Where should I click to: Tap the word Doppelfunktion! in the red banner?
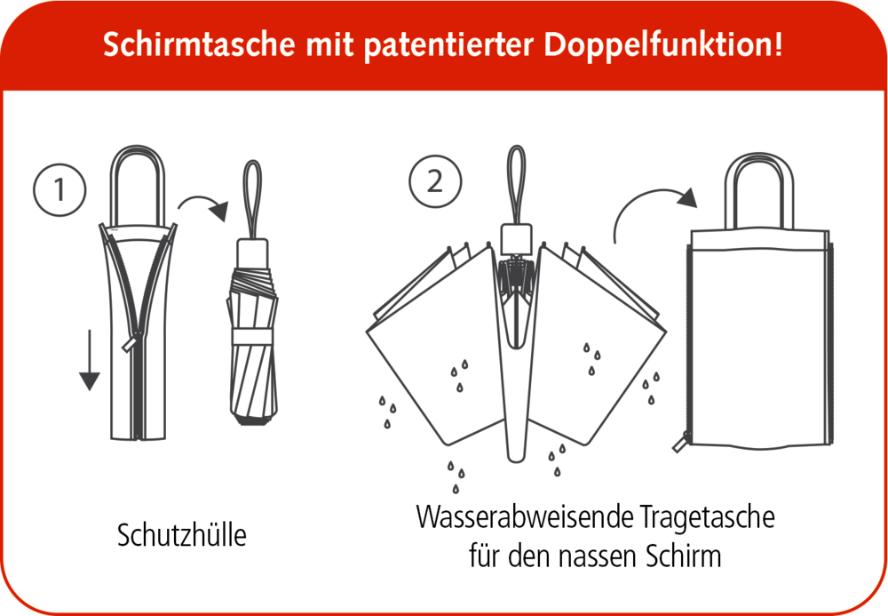click(x=663, y=44)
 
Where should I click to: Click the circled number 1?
click(x=59, y=189)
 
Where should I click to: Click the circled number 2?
click(x=434, y=180)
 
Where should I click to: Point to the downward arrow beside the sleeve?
click(x=88, y=360)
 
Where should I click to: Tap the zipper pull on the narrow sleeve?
click(x=135, y=340)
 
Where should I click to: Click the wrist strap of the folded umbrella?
click(x=253, y=196)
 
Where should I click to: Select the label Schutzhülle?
click(x=181, y=536)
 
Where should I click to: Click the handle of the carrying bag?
click(x=759, y=187)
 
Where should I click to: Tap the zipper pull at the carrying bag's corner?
click(x=684, y=441)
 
